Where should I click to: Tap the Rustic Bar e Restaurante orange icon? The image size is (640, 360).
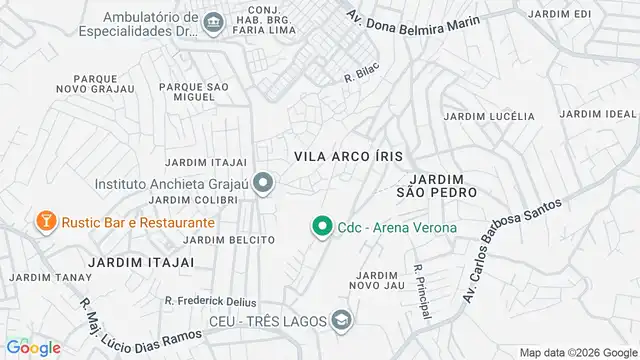45,221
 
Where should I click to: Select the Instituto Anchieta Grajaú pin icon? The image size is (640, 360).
263,183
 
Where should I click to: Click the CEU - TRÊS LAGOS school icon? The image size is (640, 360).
341,320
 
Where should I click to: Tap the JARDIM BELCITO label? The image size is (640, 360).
229,240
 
